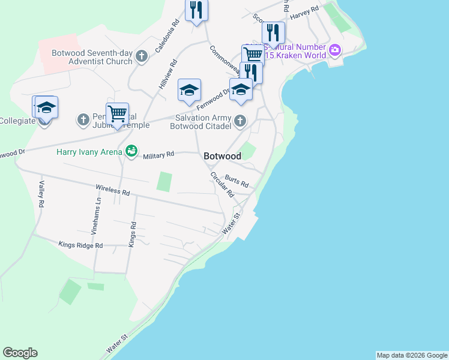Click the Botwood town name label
pos(222,156)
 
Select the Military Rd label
pos(158,154)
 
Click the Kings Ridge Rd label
pos(81,245)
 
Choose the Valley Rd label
pos(41,194)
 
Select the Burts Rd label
pos(237,181)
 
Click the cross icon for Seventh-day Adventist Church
pos(142,57)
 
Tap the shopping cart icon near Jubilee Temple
pos(117,112)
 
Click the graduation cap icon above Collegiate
pos(46,107)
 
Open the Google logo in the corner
pos(20,353)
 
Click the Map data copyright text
pos(411,355)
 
